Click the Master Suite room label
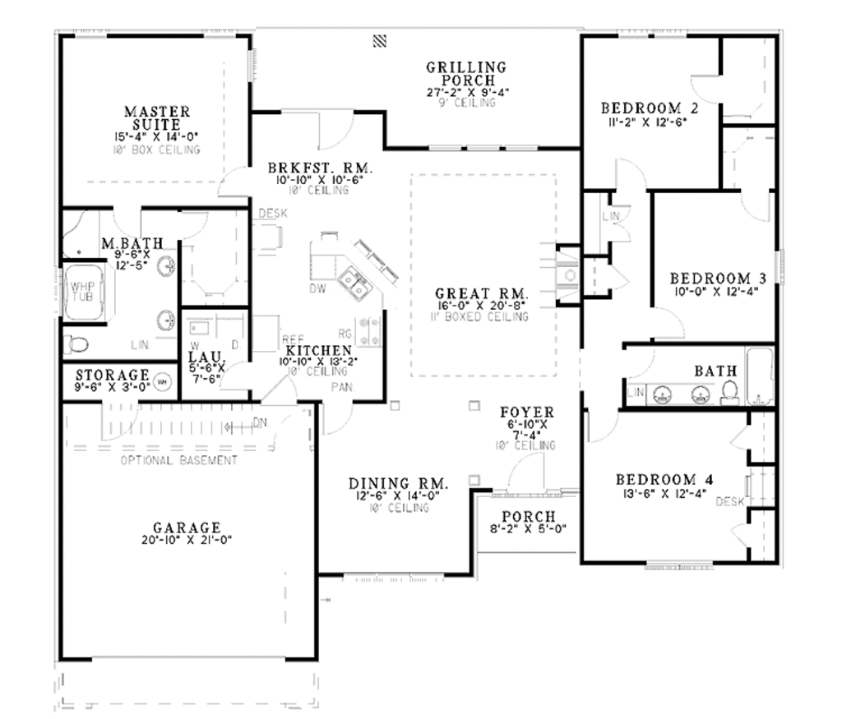157,117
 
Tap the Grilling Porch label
466,74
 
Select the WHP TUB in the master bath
82,291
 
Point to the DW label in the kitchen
317,289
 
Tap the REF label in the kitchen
294,339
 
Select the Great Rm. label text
482,293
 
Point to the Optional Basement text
178,460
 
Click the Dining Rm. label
398,483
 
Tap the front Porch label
529,517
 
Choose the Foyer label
527,413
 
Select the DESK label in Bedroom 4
729,501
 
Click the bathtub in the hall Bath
761,376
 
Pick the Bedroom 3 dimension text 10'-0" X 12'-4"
710,291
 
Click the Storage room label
113,375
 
